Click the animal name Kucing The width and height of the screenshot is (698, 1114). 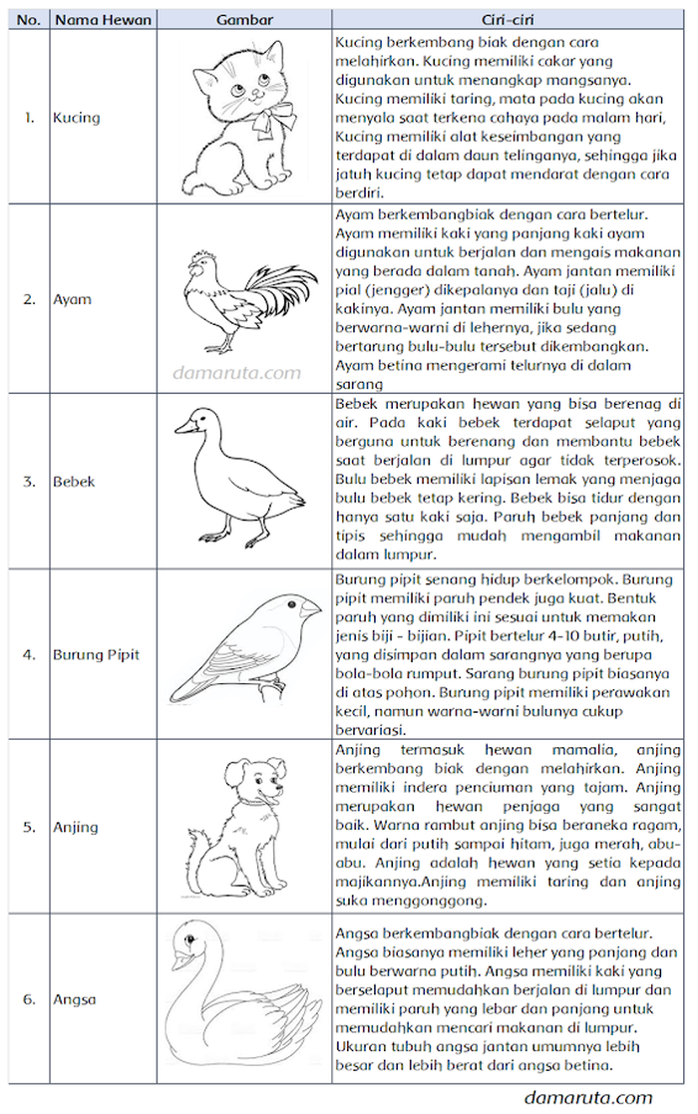tap(77, 118)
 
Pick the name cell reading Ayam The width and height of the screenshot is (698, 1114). tap(72, 299)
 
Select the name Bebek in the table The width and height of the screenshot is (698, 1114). tap(74, 481)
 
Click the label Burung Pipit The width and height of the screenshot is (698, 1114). tap(96, 655)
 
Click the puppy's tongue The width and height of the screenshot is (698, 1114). tap(260, 799)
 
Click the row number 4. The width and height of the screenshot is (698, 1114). tap(30, 655)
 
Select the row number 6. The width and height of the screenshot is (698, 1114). tap(30, 998)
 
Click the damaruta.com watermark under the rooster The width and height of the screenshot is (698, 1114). tap(236, 373)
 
